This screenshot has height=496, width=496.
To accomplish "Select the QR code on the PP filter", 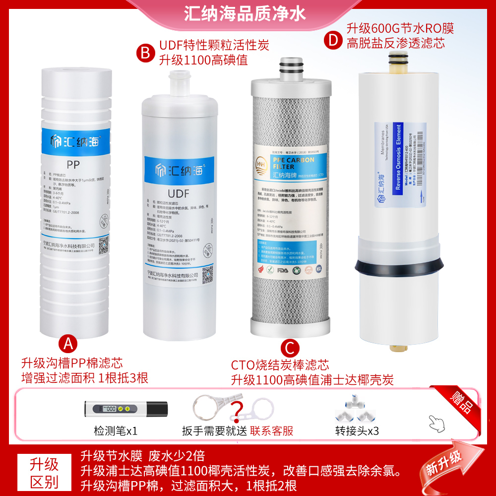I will click(x=103, y=245).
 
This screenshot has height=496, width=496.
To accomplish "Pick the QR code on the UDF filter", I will click(x=207, y=273).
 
